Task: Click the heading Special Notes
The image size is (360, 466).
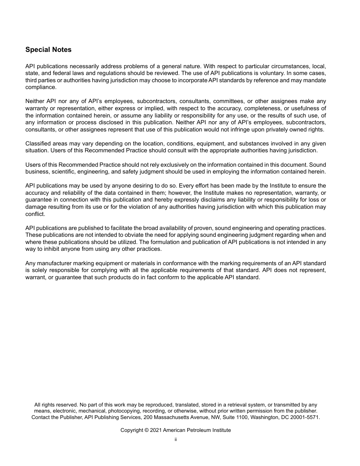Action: point(48,50)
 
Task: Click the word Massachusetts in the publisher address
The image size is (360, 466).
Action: point(172,417)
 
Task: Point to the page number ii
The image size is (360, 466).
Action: point(176,439)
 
